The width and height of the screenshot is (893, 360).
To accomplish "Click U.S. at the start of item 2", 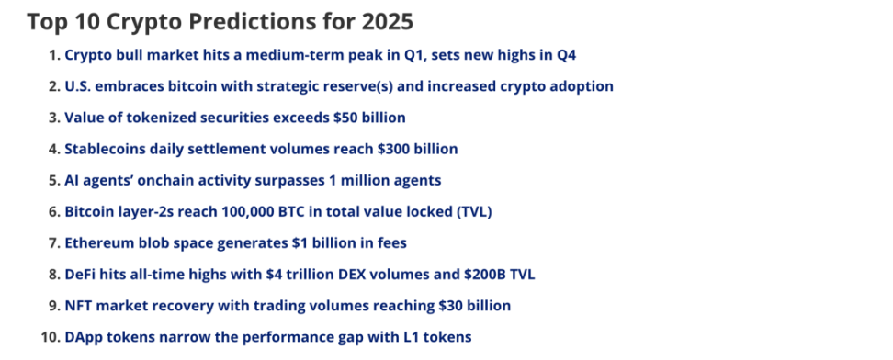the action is [x=77, y=86].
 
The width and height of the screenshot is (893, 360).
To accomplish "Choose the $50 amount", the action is [x=344, y=118].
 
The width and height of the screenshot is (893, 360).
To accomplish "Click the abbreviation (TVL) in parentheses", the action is [x=473, y=212].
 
